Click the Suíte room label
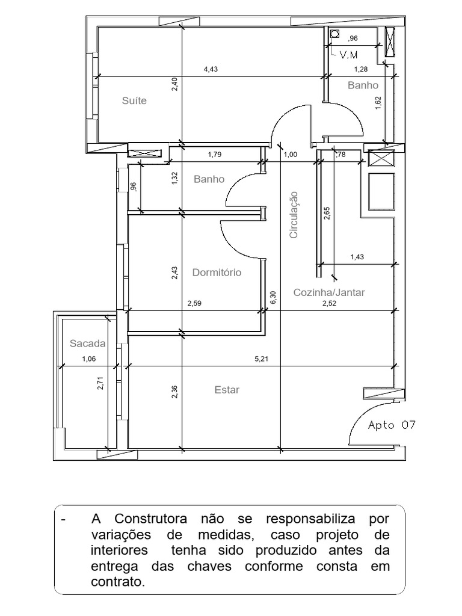tap(134, 100)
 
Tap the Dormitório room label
tap(217, 273)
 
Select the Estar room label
tap(227, 390)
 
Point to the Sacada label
tap(87, 344)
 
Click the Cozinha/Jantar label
tap(329, 292)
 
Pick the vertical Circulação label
tap(294, 215)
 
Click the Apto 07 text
tap(392, 425)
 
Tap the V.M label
tap(349, 55)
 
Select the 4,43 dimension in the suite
tap(211, 69)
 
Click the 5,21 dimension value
tap(261, 359)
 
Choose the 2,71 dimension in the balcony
tap(100, 383)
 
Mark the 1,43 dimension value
tap(357, 257)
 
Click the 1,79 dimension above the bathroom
tap(215, 155)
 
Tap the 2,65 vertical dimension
tap(327, 213)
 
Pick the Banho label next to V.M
tap(363, 85)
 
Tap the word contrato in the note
tap(117, 582)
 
